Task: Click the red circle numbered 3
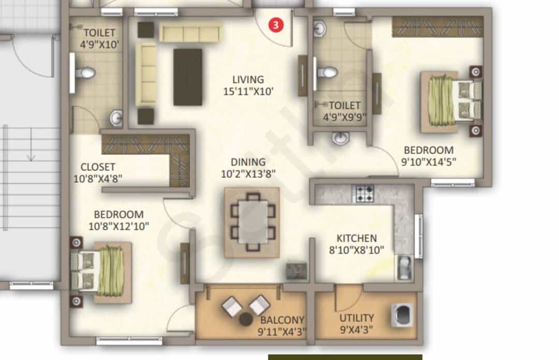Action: point(275,25)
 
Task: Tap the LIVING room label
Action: point(248,80)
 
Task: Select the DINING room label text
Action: point(248,162)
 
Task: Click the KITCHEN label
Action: point(357,238)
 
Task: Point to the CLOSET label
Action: point(98,167)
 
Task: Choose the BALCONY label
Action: point(283,320)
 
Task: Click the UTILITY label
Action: point(357,318)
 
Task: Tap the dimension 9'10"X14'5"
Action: point(429,162)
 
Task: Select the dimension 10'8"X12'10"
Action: point(119,226)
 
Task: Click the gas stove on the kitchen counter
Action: point(363,194)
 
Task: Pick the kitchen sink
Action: point(405,268)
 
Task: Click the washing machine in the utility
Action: point(403,315)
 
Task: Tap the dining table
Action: point(253,222)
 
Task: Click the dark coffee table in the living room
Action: point(188,77)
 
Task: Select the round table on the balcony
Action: point(246,319)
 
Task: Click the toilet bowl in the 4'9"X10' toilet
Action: point(84,74)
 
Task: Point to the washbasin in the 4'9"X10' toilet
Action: point(116,118)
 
